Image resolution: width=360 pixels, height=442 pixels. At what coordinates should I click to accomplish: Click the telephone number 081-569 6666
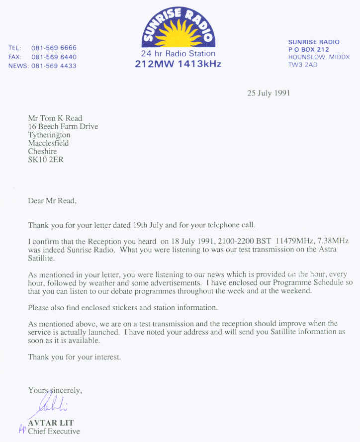(x=54, y=48)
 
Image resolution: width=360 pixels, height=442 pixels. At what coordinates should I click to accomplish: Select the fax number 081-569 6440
(x=54, y=57)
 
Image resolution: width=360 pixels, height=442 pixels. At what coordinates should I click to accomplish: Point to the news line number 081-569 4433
(x=54, y=66)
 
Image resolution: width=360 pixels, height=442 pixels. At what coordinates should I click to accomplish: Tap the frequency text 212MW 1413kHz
(x=178, y=64)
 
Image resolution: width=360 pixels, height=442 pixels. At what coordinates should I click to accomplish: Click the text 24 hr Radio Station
(x=178, y=53)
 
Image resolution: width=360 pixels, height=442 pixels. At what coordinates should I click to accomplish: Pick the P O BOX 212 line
(x=309, y=50)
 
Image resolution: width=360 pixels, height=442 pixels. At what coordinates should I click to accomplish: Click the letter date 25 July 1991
(x=269, y=92)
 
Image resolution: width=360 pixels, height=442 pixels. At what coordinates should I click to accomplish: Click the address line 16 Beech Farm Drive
(x=63, y=126)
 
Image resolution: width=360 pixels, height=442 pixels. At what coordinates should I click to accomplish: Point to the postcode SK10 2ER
(x=46, y=160)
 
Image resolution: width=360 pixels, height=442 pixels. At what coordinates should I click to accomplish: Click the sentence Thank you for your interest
(x=75, y=357)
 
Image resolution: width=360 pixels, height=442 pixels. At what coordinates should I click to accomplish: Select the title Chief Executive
(x=54, y=431)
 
